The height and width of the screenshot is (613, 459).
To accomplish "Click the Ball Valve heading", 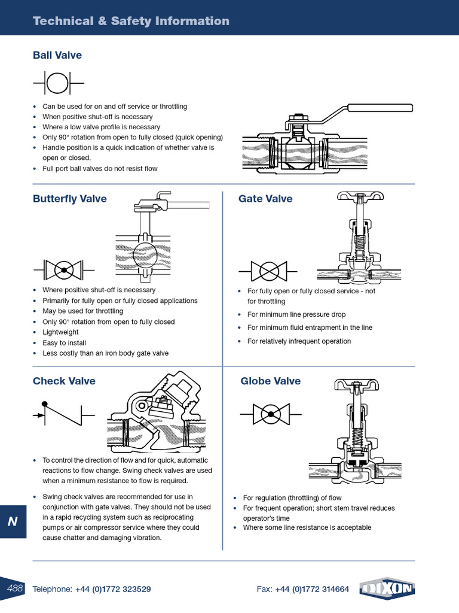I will [x=57, y=56].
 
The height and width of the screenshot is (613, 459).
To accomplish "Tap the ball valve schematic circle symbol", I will [x=57, y=82].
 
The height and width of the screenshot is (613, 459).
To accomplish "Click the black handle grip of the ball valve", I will [x=380, y=108].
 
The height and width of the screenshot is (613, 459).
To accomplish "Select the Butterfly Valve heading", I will [x=69, y=199].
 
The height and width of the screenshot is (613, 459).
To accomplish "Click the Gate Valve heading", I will [x=265, y=199].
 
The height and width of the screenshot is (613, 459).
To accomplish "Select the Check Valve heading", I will [x=64, y=381].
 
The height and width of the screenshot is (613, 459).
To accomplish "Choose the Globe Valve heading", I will [x=270, y=381].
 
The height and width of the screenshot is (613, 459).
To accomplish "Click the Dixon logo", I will [x=388, y=589].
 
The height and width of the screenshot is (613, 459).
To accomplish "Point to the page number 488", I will [x=15, y=588].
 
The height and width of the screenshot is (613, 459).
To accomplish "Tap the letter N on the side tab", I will [x=13, y=521].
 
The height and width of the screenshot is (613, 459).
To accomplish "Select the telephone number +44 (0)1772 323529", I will [x=113, y=589].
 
